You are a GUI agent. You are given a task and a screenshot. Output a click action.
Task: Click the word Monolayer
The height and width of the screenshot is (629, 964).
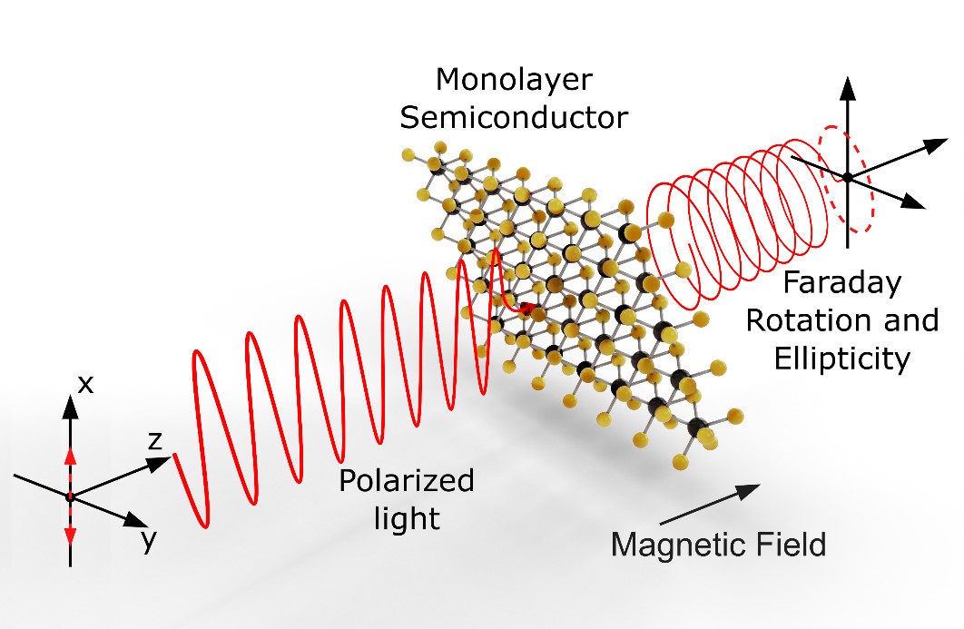pos(514,81)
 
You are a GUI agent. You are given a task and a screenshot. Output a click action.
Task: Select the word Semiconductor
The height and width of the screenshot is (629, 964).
pos(514,117)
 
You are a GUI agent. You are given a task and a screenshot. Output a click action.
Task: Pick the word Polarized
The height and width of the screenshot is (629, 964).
pos(407,480)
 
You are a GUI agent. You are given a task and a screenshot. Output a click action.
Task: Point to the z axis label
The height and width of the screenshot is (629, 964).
pos(154,442)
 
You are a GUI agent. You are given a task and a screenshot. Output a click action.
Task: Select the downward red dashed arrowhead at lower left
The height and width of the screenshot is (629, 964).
pos(70,536)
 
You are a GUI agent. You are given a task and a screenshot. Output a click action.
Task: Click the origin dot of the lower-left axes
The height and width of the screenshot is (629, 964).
pos(70,496)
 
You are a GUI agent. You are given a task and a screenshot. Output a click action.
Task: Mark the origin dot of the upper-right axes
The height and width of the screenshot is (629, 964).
pos(847,178)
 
